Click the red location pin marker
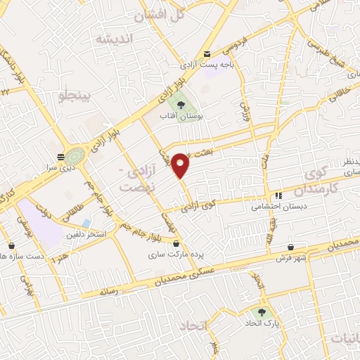click(181, 165)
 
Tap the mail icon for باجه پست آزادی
click(206, 54)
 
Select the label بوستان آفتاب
click(181, 117)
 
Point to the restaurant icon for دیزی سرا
click(61, 157)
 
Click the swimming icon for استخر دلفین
click(86, 223)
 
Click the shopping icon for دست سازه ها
click(12, 245)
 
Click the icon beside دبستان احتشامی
click(278, 196)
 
